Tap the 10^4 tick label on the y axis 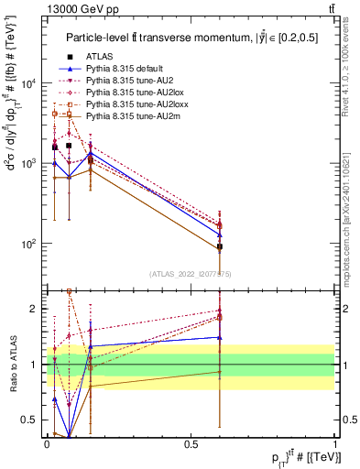pos(30,83)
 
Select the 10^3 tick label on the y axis pos(30,163)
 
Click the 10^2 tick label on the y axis pos(30,244)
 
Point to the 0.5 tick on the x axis pos(191,442)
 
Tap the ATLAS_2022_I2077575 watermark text pos(191,273)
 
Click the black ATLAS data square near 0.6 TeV pos(220,247)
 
